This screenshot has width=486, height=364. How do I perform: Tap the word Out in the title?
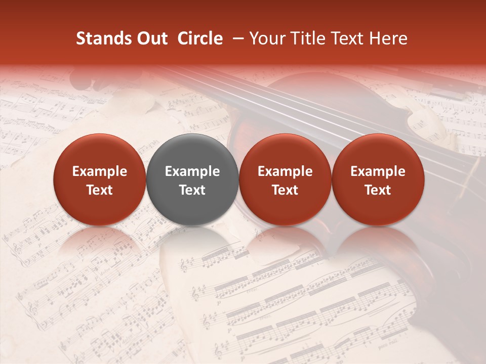pyautogui.click(x=151, y=38)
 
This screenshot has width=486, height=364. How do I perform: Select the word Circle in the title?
pyautogui.click(x=200, y=38)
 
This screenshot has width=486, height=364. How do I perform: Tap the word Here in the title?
pyautogui.click(x=388, y=38)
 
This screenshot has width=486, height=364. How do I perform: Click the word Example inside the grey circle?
pyautogui.click(x=192, y=171)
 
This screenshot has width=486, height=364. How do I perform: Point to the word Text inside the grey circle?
pyautogui.click(x=192, y=190)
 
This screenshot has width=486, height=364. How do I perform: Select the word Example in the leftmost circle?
pyautogui.click(x=100, y=171)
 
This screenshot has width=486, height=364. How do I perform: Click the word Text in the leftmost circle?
pyautogui.click(x=100, y=190)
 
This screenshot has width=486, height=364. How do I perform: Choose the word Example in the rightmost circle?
pyautogui.click(x=378, y=171)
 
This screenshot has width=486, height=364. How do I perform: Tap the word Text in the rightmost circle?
pyautogui.click(x=378, y=190)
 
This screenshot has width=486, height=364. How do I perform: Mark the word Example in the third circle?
pyautogui.click(x=285, y=171)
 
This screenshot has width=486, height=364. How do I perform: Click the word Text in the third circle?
pyautogui.click(x=285, y=190)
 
